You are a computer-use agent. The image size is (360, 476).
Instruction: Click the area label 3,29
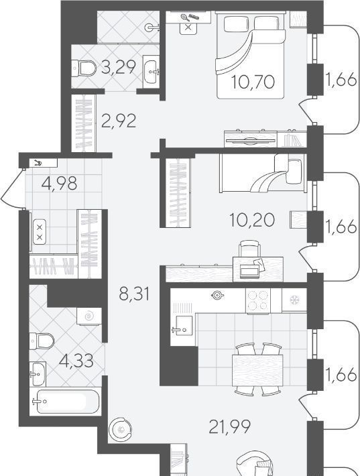click(119, 67)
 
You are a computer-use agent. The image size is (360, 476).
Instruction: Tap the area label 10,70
click(253, 82)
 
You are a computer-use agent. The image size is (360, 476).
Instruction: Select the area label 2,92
click(119, 121)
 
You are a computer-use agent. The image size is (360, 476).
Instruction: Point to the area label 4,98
click(60, 183)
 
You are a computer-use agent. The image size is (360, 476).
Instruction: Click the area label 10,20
click(252, 220)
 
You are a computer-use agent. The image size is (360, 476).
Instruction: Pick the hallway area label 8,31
click(135, 294)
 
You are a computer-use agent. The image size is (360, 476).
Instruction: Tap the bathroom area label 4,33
click(76, 361)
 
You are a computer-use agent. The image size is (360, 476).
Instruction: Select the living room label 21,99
click(230, 426)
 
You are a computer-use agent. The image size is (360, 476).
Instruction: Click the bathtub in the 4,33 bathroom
click(66, 401)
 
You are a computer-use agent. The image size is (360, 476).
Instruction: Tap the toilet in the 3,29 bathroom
click(84, 68)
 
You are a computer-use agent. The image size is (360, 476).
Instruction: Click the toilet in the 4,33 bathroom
click(42, 341)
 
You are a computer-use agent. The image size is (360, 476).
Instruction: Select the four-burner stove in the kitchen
click(257, 300)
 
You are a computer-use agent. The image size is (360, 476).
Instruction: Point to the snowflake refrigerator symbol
click(294, 300)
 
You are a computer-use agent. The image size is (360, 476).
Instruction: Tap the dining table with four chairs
click(257, 370)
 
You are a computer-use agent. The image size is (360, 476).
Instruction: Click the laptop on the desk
click(249, 271)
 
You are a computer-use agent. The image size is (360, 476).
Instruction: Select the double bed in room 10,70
click(251, 55)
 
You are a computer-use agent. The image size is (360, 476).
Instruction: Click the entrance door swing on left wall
click(12, 189)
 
